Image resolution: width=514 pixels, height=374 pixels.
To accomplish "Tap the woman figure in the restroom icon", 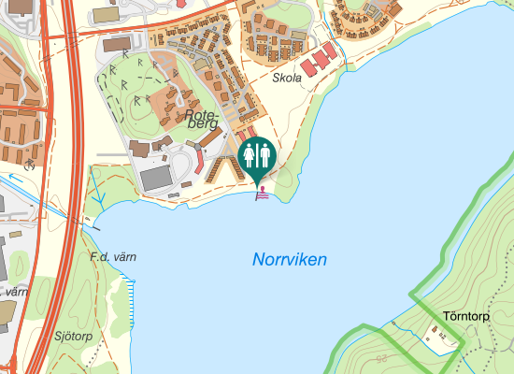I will point(250,154).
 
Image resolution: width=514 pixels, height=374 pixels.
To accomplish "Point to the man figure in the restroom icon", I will point(264,154).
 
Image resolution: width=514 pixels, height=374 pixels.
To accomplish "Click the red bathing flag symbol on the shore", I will point(264,194).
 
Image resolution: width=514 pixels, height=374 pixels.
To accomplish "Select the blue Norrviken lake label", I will point(290,259).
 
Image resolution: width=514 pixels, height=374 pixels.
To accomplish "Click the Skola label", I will point(287,79).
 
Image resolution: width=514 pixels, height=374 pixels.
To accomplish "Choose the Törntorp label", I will point(467,316).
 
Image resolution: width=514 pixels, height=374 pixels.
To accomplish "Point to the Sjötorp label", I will point(74,336).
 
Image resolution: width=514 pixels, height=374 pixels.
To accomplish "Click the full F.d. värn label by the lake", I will point(107,256).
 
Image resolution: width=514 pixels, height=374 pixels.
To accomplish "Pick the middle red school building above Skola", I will point(320,59).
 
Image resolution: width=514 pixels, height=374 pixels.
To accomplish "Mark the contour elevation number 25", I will point(381,359).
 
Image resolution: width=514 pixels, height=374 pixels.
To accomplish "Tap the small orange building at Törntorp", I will point(434,333).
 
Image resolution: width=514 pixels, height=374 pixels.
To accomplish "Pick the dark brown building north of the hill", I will point(119,44).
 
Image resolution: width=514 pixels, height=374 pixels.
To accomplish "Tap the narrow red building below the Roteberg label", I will point(197,154).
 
